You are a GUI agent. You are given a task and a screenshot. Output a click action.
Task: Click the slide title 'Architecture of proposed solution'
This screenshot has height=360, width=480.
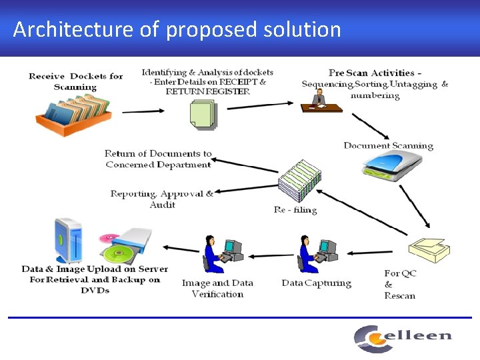tap(177, 29)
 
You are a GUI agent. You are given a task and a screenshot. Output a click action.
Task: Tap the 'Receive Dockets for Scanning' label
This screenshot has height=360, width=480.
tap(75, 81)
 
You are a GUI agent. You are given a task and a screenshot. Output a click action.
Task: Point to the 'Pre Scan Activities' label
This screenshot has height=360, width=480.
tap(375, 84)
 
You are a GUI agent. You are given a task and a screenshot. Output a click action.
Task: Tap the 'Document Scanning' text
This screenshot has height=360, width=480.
tap(388, 146)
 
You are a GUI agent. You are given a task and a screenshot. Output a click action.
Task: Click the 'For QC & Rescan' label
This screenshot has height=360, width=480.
tap(400, 285)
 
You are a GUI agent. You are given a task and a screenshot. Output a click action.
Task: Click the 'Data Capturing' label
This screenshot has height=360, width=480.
tap(316, 283)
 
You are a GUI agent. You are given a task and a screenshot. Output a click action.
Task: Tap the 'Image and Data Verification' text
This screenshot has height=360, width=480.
tap(217, 289)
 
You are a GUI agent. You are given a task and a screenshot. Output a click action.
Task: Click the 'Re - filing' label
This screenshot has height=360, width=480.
tap(295, 210)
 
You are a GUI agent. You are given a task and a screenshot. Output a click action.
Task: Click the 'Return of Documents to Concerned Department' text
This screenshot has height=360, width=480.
tap(158, 159)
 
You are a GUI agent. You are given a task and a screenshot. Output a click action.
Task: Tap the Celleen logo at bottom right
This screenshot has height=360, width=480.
tap(402, 337)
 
